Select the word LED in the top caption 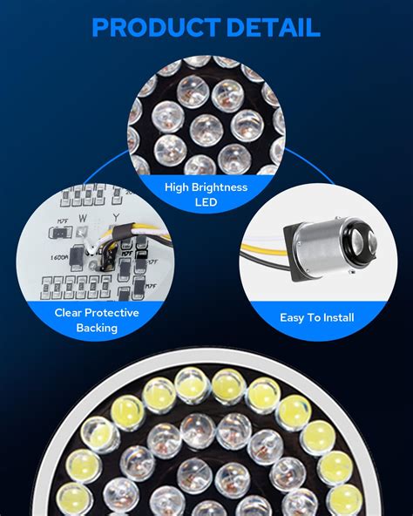pyautogui.click(x=206, y=201)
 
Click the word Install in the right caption pyautogui.click(x=335, y=318)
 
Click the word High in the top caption pyautogui.click(x=179, y=187)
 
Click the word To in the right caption pyautogui.click(x=314, y=318)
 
